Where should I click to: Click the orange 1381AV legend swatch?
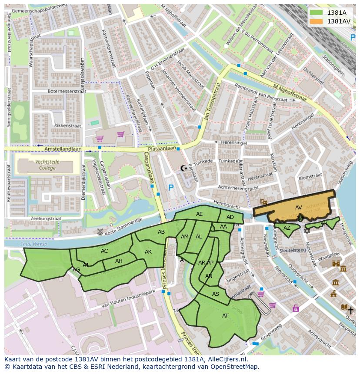[317, 21]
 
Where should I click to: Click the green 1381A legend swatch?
[317, 13]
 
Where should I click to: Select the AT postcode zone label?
[225, 316]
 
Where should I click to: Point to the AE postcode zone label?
[199, 214]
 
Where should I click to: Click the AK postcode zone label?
[148, 252]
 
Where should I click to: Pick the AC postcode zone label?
[104, 251]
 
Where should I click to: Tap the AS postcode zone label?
[216, 294]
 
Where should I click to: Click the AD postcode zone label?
[230, 217]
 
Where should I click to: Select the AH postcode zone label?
[119, 261]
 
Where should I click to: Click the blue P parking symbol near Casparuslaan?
[171, 188]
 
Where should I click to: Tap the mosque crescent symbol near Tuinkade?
[183, 168]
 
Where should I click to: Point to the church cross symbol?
[350, 310]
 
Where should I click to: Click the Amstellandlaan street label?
[63, 149]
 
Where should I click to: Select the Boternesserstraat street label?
[67, 92]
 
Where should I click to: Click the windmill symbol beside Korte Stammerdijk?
[100, 232]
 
